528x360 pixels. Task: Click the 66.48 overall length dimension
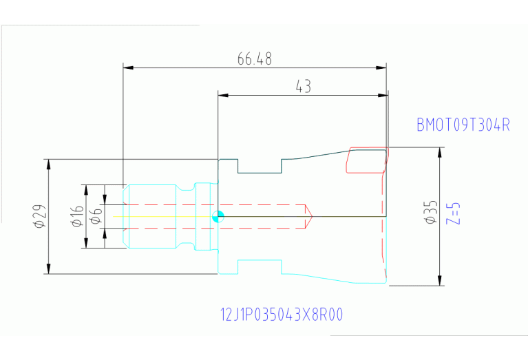click(x=255, y=59)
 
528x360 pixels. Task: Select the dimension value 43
click(x=303, y=87)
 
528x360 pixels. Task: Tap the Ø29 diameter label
click(x=40, y=216)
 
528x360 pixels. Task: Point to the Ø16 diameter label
click(x=76, y=216)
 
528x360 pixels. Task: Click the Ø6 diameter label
click(x=96, y=216)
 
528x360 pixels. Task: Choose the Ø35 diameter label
click(x=431, y=212)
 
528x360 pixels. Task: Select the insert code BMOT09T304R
click(x=463, y=125)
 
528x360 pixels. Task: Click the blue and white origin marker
click(x=218, y=216)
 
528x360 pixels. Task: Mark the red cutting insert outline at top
click(x=366, y=160)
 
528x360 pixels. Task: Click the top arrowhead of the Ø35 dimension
click(x=440, y=151)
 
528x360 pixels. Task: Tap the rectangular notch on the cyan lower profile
click(x=260, y=266)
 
